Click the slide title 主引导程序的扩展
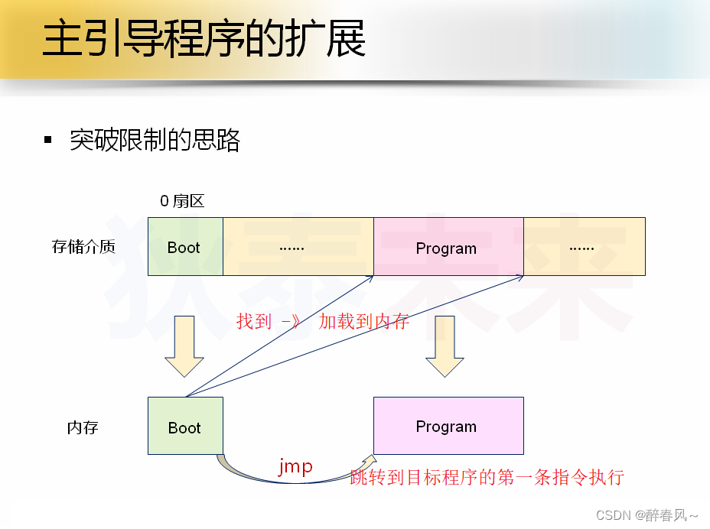point(204,40)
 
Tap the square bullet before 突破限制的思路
point(48,140)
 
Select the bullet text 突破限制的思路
point(155,140)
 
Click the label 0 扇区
point(182,201)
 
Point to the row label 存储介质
point(83,246)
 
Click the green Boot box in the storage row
point(184,247)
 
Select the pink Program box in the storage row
point(448,247)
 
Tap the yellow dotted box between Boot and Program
point(298,247)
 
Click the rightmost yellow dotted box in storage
point(584,247)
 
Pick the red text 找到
point(254,321)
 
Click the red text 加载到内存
point(364,321)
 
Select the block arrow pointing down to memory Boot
point(184,346)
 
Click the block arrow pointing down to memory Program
point(445,346)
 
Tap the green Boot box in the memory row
point(184,427)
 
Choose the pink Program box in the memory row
point(448,426)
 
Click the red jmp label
point(295,466)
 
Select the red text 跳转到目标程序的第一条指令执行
point(487,478)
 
